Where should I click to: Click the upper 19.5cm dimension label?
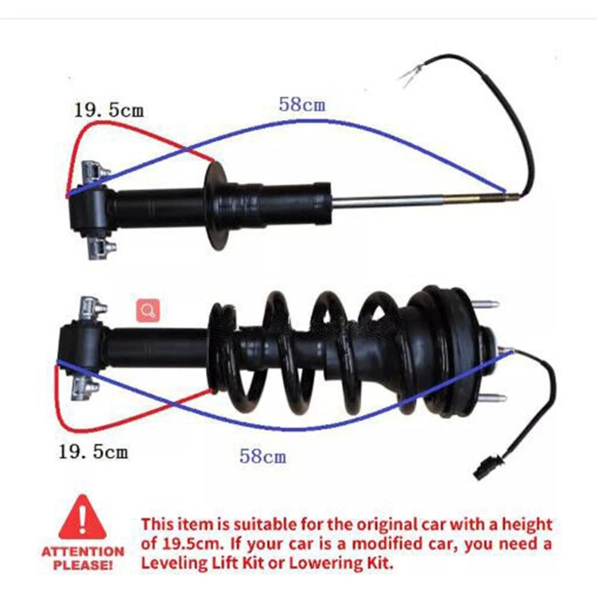[x=109, y=111]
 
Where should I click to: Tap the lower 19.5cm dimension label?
[x=93, y=451]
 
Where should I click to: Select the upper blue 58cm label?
[x=302, y=104]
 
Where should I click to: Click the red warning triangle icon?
[x=82, y=518]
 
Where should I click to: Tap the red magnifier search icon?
[x=149, y=310]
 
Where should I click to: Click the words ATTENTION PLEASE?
[x=83, y=558]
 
